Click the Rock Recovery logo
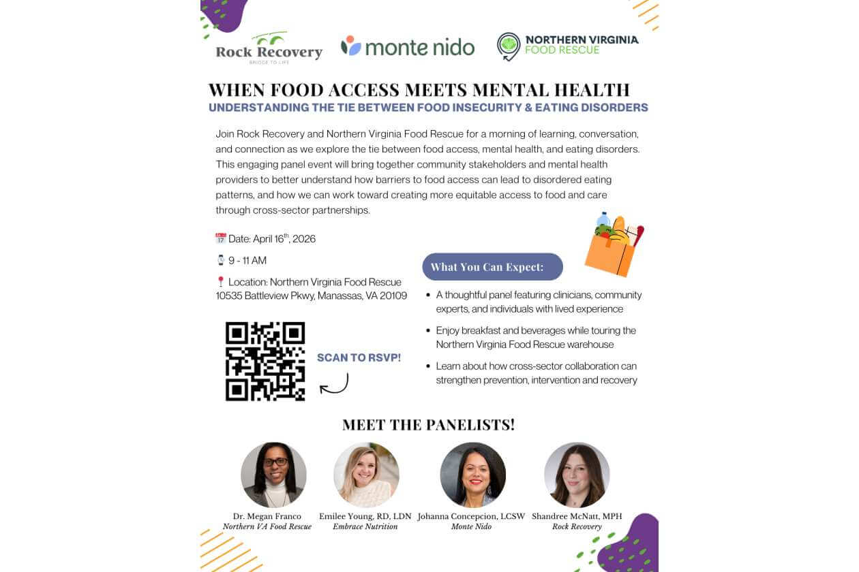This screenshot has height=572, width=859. point(269,48)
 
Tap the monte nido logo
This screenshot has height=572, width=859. point(408,46)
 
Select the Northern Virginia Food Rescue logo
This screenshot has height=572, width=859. point(567,46)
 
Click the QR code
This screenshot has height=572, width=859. point(265,361)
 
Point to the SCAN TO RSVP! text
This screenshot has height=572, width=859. point(359,357)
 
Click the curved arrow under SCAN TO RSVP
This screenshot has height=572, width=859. point(335,384)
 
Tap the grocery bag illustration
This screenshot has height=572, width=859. point(614,247)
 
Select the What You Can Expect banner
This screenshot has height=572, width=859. point(492,267)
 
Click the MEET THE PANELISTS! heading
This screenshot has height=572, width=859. point(429,425)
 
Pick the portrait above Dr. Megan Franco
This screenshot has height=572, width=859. point(273,475)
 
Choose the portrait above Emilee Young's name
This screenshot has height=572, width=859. point(366,475)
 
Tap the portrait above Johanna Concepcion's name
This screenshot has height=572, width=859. point(472,475)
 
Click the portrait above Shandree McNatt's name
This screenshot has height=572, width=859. point(577,475)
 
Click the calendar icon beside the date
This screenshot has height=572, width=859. point(221,238)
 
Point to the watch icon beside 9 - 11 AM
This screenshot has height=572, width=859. point(221,260)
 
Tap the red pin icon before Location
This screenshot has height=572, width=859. point(221,281)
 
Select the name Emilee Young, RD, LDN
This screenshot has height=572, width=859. point(365,516)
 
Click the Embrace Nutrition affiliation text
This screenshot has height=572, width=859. point(365,526)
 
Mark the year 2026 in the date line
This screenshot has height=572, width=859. point(304,239)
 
